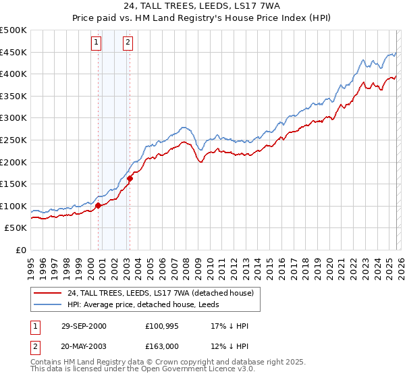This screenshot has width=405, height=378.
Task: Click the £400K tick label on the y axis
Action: point(13,74)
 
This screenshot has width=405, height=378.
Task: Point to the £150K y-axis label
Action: point(13,184)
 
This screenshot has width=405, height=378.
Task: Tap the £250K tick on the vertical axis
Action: point(13,140)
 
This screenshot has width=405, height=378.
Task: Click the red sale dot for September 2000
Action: point(99,205)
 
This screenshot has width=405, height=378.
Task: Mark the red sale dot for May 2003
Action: point(130,178)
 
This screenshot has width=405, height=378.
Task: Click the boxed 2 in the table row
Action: point(35,346)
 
